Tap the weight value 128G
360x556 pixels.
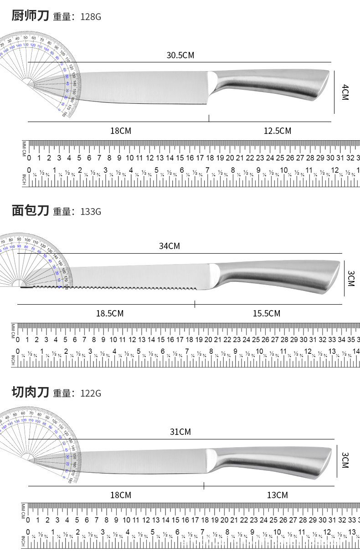click(90, 17)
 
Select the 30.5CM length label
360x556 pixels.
click(180, 56)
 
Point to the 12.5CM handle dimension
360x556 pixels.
click(277, 131)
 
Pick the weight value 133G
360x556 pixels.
click(90, 212)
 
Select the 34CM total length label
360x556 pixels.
click(169, 246)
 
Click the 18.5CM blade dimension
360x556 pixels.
click(109, 314)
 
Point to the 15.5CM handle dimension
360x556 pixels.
click(267, 314)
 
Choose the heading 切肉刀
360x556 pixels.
click(30, 392)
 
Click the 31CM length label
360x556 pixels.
click(180, 432)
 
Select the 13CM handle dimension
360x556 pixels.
click(277, 495)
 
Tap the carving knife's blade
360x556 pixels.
click(141, 461)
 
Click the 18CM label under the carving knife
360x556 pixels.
click(121, 495)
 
